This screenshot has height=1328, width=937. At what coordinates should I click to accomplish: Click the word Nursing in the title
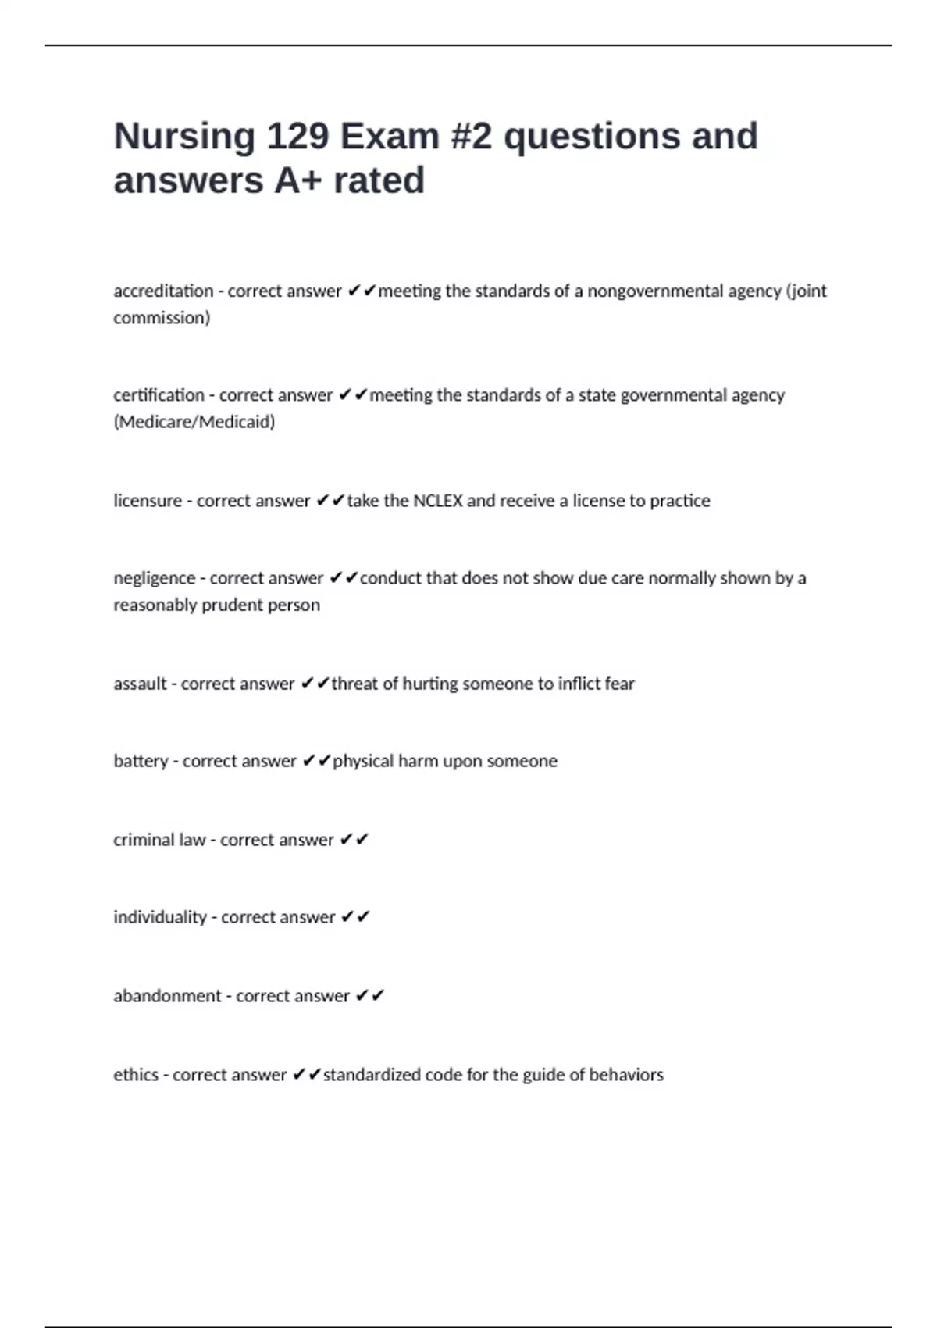point(184,137)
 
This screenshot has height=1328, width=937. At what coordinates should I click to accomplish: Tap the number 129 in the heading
point(297,137)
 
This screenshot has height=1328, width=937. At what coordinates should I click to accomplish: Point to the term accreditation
point(163,291)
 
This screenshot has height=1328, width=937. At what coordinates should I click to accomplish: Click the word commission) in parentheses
point(162,318)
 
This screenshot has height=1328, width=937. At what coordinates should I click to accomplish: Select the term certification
point(159,395)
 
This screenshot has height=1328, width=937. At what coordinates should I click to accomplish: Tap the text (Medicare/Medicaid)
point(194,422)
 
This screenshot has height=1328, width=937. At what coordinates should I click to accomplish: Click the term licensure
point(148,501)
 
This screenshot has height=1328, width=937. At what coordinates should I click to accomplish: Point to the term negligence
point(154,578)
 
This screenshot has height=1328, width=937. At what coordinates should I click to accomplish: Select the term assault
point(140,684)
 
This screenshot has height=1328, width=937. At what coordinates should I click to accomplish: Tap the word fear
point(619,684)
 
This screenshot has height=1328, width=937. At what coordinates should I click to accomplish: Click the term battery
point(141,761)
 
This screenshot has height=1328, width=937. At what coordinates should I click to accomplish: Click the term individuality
point(160,917)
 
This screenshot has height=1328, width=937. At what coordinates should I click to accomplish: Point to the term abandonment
point(167,996)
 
